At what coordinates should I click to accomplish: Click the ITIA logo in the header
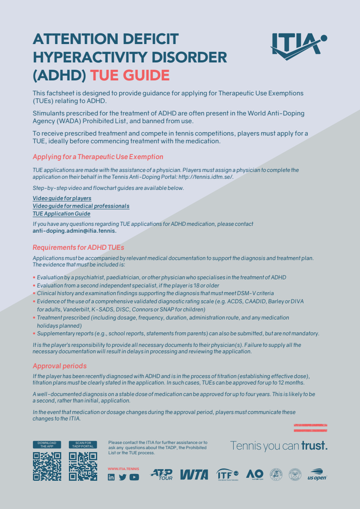(x=299, y=44)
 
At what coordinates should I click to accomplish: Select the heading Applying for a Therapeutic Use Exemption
(x=98, y=157)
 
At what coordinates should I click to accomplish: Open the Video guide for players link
(x=62, y=198)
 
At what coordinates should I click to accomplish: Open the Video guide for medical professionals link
(x=81, y=206)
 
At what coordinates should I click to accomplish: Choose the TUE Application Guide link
(x=61, y=214)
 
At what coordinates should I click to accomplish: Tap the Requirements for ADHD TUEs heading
(x=78, y=247)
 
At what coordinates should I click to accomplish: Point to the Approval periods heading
(x=60, y=366)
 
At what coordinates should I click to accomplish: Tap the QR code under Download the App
(x=47, y=466)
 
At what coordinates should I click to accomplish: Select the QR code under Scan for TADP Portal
(x=83, y=466)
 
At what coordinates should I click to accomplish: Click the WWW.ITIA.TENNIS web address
(x=123, y=469)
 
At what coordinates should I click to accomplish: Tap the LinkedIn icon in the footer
(x=111, y=477)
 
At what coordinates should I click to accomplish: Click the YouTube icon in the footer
(x=134, y=477)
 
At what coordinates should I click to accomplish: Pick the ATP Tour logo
(x=161, y=474)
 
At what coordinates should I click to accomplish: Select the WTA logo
(x=194, y=474)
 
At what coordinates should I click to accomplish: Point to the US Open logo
(x=317, y=474)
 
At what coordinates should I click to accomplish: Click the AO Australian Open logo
(x=255, y=474)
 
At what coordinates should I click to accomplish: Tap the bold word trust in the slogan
(x=314, y=446)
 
